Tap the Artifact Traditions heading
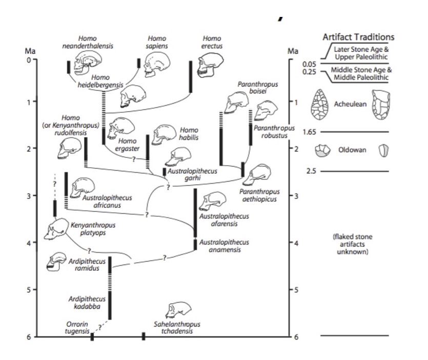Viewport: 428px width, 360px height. coord(358,38)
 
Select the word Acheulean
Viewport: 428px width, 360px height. coord(349,103)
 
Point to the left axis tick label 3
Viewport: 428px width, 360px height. coord(28,195)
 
